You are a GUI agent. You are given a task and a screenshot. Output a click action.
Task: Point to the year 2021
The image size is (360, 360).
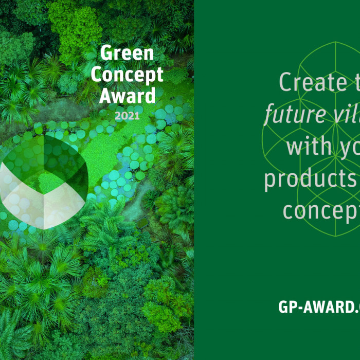[x=127, y=116]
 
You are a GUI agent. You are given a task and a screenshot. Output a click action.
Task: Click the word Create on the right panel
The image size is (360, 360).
[x=306, y=83]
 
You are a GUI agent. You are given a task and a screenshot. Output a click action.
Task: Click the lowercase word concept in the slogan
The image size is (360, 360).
[x=319, y=211]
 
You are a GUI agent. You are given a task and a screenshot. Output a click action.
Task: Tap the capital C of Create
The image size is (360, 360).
[x=288, y=83]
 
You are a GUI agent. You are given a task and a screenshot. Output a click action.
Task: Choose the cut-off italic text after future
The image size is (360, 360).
[x=345, y=114]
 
